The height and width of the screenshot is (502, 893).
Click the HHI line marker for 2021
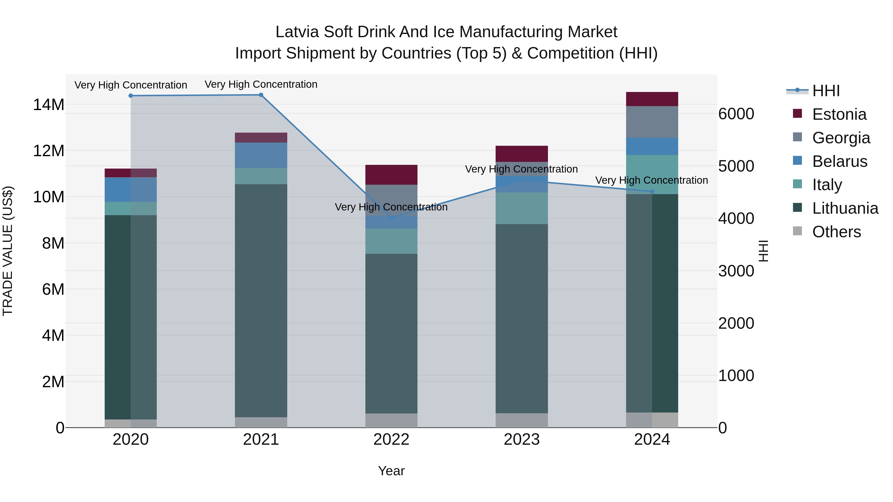click(261, 95)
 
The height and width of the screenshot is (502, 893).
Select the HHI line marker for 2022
click(391, 218)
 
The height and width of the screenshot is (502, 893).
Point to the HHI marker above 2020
click(131, 96)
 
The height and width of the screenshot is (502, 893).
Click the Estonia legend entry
click(839, 114)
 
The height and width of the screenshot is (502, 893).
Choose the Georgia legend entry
click(841, 138)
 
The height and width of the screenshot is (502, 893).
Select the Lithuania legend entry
click(845, 208)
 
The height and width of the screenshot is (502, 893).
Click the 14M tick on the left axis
click(49, 105)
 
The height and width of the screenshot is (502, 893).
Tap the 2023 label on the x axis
click(522, 440)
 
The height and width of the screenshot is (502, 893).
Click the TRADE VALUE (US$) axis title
click(8, 251)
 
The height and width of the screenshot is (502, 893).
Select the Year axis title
click(391, 471)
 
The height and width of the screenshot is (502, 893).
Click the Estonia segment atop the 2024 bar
click(652, 99)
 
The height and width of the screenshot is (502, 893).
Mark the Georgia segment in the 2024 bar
click(652, 122)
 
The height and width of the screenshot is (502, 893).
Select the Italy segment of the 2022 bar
click(391, 241)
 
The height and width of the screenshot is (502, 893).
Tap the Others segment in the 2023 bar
click(522, 420)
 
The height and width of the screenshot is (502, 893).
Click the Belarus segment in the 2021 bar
click(261, 155)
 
